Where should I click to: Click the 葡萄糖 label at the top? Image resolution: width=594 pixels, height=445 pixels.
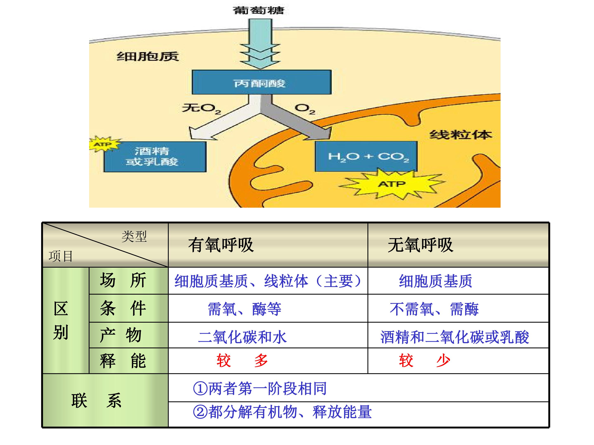[258, 11]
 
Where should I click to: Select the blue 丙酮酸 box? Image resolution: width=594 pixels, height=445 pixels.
[262, 82]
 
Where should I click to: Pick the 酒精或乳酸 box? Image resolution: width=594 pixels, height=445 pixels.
[155, 157]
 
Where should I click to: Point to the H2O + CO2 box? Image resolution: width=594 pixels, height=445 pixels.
[366, 156]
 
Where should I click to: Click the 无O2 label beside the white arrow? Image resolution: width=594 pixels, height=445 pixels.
[201, 108]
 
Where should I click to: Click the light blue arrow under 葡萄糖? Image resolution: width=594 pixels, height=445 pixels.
[260, 43]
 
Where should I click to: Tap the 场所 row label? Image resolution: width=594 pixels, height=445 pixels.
[123, 280]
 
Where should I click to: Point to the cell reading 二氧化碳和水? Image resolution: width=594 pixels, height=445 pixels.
[242, 337]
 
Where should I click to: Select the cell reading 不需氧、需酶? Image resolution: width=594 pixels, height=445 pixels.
[434, 309]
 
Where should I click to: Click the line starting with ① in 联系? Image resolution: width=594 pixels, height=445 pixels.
[260, 388]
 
